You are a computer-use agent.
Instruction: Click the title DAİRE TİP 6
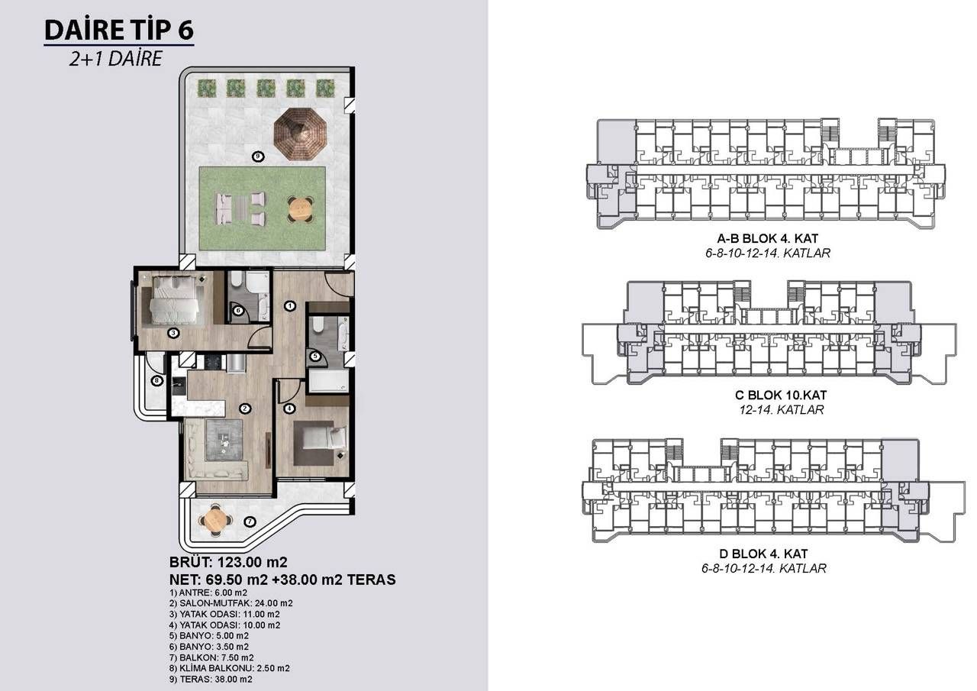pyautogui.click(x=119, y=30)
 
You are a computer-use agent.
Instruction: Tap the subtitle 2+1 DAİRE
pyautogui.click(x=115, y=59)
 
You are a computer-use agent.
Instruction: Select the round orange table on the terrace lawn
pyautogui.click(x=300, y=208)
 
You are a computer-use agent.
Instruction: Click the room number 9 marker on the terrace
pyautogui.click(x=258, y=157)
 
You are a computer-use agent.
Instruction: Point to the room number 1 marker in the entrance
pyautogui.click(x=290, y=306)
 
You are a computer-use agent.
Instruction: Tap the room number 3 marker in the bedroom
pyautogui.click(x=174, y=332)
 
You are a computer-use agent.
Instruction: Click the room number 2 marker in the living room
pyautogui.click(x=245, y=408)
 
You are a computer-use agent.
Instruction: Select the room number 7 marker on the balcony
pyautogui.click(x=250, y=521)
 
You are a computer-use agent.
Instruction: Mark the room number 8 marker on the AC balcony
pyautogui.click(x=156, y=380)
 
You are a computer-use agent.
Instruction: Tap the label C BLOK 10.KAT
pyautogui.click(x=768, y=396)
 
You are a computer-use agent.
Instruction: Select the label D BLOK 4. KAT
pyautogui.click(x=768, y=554)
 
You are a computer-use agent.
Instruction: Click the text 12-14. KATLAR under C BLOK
pyautogui.click(x=768, y=410)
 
